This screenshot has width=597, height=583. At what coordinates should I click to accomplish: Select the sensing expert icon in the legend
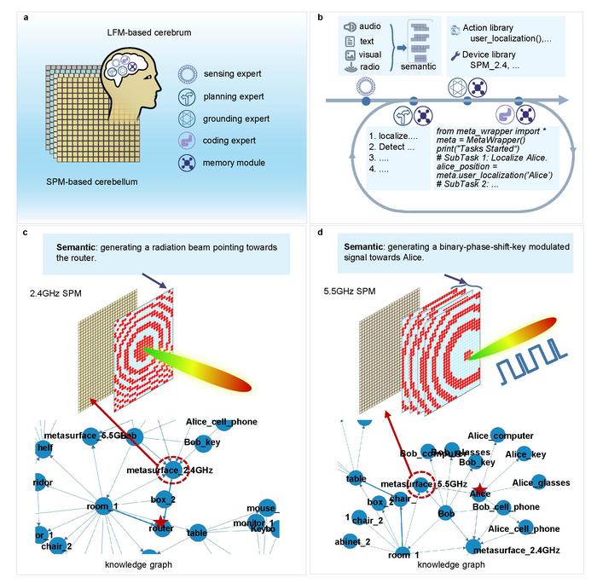tap(189, 74)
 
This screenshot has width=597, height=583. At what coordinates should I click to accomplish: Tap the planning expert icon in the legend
tap(189, 96)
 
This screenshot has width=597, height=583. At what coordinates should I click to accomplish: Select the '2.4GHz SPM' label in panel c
tap(55, 294)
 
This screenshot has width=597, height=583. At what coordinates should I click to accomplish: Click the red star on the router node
tap(161, 522)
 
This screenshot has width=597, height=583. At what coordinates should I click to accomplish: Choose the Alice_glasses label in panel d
tap(540, 483)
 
